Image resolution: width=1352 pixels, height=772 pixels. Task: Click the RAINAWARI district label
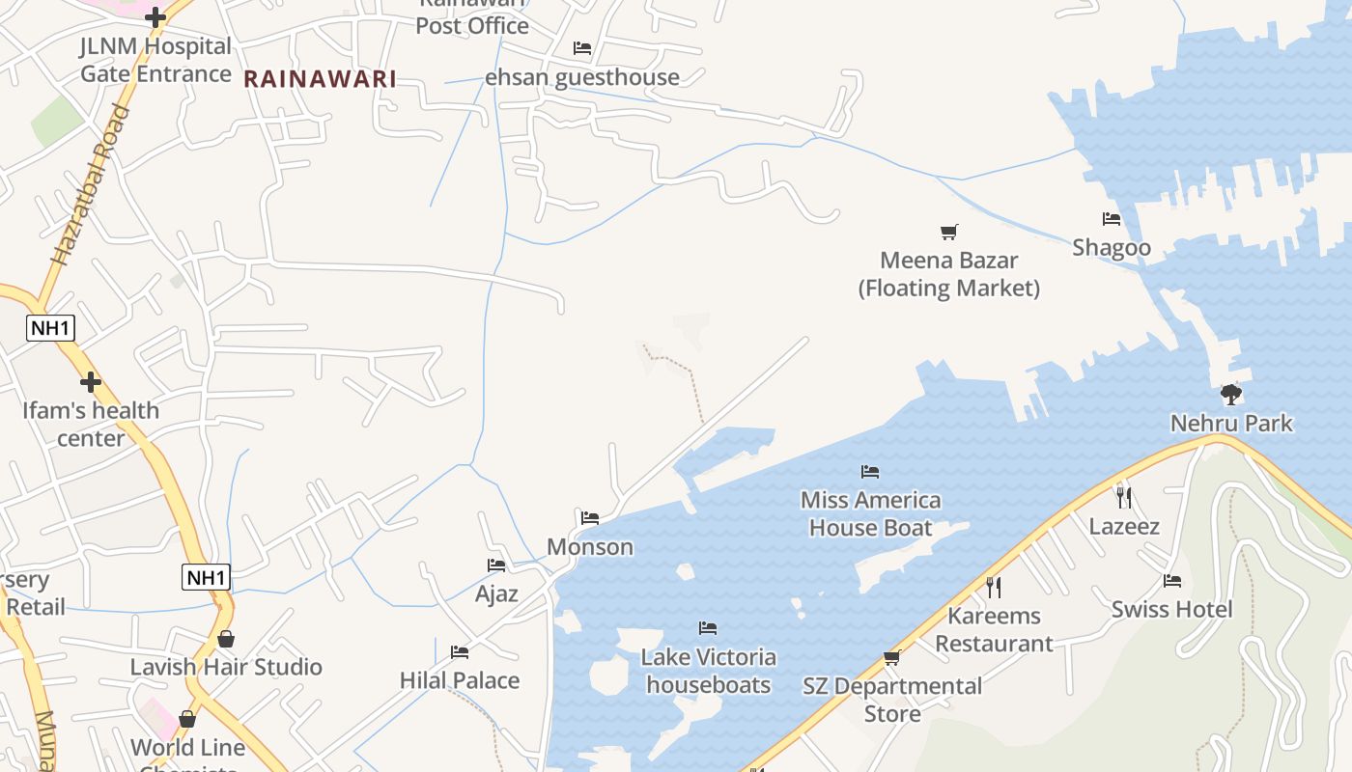[x=320, y=79]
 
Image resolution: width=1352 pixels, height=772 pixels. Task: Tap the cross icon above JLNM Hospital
[x=155, y=16]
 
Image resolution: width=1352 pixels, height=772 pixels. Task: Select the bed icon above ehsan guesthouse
[x=581, y=47]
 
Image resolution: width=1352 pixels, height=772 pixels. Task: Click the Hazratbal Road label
[x=91, y=186]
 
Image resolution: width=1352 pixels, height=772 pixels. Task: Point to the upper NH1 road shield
[x=50, y=328]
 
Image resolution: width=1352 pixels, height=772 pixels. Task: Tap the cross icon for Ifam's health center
[x=91, y=382]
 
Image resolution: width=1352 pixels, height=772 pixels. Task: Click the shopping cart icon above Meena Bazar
[x=949, y=232]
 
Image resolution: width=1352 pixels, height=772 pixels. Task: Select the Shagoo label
[x=1112, y=248]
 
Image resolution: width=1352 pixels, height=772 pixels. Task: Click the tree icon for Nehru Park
[x=1230, y=394]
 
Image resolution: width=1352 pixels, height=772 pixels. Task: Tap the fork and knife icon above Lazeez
[x=1123, y=498]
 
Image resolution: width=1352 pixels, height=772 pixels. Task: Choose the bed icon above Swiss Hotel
[x=1172, y=581]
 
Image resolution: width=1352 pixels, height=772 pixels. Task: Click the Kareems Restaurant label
[x=994, y=629]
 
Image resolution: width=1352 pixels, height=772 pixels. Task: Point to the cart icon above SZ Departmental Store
[x=891, y=658]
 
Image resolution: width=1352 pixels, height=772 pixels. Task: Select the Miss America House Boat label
[x=871, y=513]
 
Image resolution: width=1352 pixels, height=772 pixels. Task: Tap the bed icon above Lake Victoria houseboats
[x=708, y=628]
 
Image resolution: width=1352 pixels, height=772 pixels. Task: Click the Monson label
[x=590, y=547]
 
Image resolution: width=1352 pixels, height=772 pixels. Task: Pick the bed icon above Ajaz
[x=496, y=565]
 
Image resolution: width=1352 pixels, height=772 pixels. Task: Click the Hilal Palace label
[x=460, y=680]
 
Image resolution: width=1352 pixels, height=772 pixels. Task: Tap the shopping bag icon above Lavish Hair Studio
[x=226, y=639]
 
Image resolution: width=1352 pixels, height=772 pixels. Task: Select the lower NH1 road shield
[x=207, y=578]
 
